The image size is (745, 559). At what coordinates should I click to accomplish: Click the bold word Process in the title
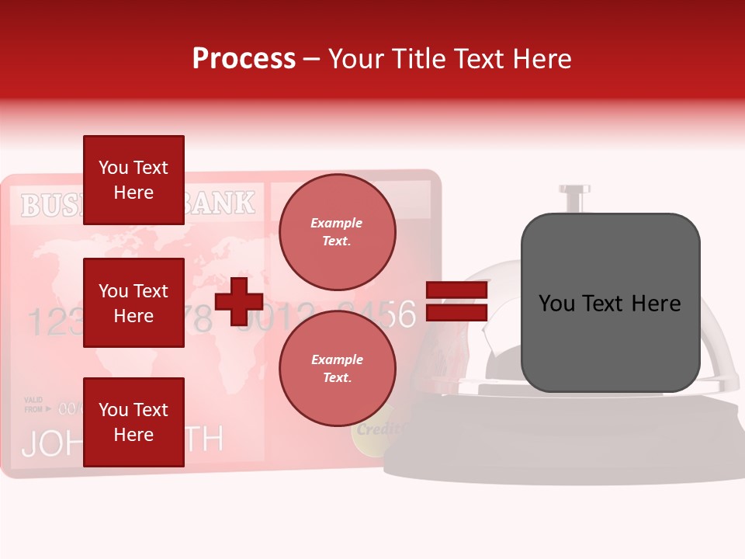(x=244, y=58)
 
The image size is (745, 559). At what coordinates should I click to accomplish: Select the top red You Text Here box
(x=133, y=180)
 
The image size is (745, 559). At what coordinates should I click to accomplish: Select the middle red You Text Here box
(x=133, y=303)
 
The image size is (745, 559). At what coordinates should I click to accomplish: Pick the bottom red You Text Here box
(x=133, y=422)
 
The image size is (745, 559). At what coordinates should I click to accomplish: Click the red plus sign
(x=239, y=301)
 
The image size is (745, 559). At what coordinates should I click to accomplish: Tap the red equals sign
(x=457, y=301)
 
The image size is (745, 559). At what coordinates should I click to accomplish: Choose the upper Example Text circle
(x=337, y=232)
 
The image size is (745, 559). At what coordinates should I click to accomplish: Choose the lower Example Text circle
(x=337, y=368)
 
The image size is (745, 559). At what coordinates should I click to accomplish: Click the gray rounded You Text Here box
(x=610, y=303)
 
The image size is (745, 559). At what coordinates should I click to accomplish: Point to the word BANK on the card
(x=221, y=203)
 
